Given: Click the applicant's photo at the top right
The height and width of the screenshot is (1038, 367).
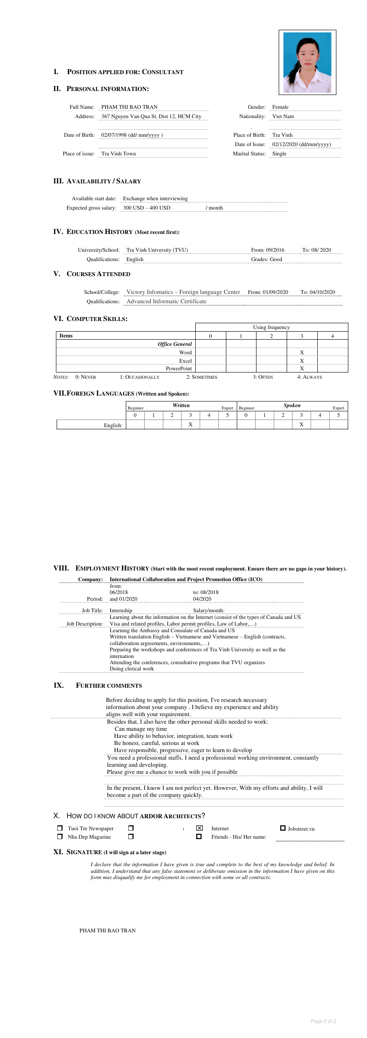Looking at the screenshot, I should tap(307, 62).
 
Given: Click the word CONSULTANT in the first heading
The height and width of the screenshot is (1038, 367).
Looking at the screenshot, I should tap(162, 72).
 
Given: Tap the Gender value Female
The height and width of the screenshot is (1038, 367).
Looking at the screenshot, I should tap(280, 107).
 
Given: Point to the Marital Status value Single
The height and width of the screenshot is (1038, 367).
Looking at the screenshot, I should tap(279, 154).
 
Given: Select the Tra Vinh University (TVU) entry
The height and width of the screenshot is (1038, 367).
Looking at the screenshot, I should tap(157, 250).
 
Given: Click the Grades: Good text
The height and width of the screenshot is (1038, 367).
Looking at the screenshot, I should tap(266, 259).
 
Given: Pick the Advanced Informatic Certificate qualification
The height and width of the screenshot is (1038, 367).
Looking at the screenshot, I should tap(166, 301).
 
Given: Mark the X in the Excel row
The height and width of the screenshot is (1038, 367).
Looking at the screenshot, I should tap(302, 361).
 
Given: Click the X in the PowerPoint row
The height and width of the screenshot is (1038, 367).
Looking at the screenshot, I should tap(302, 368).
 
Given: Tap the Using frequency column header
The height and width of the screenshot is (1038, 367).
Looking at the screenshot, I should tap(271, 327).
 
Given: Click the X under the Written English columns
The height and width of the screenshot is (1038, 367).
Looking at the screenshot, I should tap(190, 424).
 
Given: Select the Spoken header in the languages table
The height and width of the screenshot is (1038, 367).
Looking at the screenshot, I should tap(292, 405).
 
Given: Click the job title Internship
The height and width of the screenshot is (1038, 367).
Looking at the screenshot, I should tap(121, 610).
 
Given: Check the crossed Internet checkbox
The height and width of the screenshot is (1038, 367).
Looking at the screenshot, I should tap(199, 828).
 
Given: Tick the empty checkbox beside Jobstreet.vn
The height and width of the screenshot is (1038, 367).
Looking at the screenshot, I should tap(283, 828).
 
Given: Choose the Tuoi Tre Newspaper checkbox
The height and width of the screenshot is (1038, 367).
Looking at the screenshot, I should tap(60, 828).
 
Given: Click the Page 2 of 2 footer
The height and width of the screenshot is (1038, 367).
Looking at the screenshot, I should tap(323, 1021).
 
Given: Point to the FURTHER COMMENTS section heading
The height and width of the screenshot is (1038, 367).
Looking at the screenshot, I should tap(109, 685).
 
